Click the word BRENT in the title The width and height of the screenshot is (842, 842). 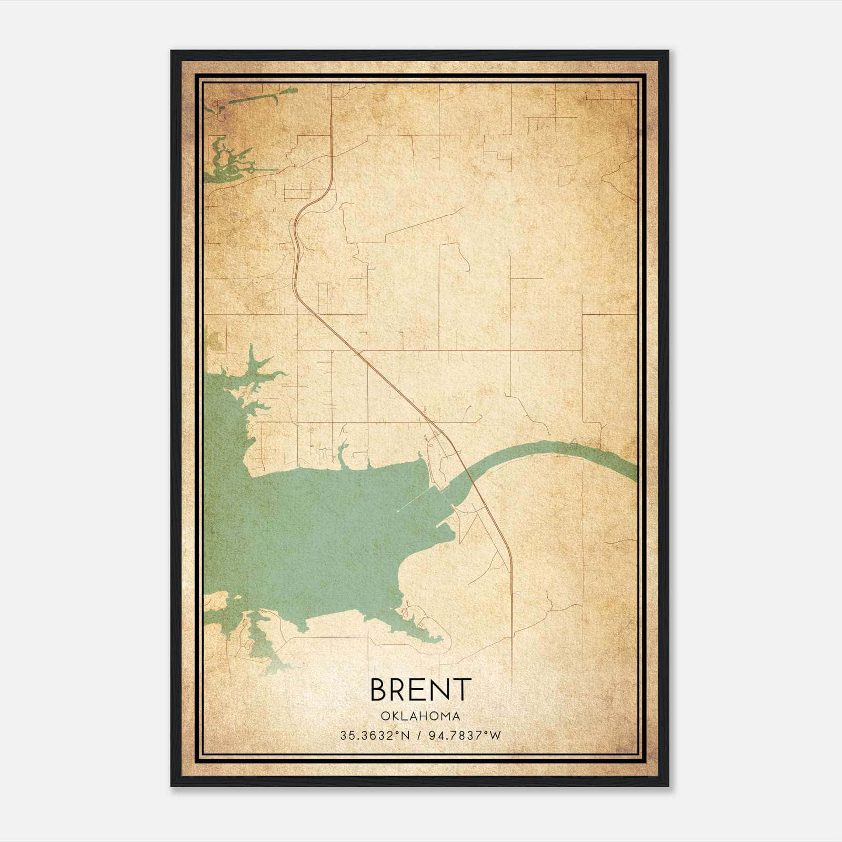point(420,689)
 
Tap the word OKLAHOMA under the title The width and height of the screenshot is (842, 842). point(420,716)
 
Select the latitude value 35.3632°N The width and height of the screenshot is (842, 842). point(374,736)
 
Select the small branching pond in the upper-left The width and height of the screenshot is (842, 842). point(226,161)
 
